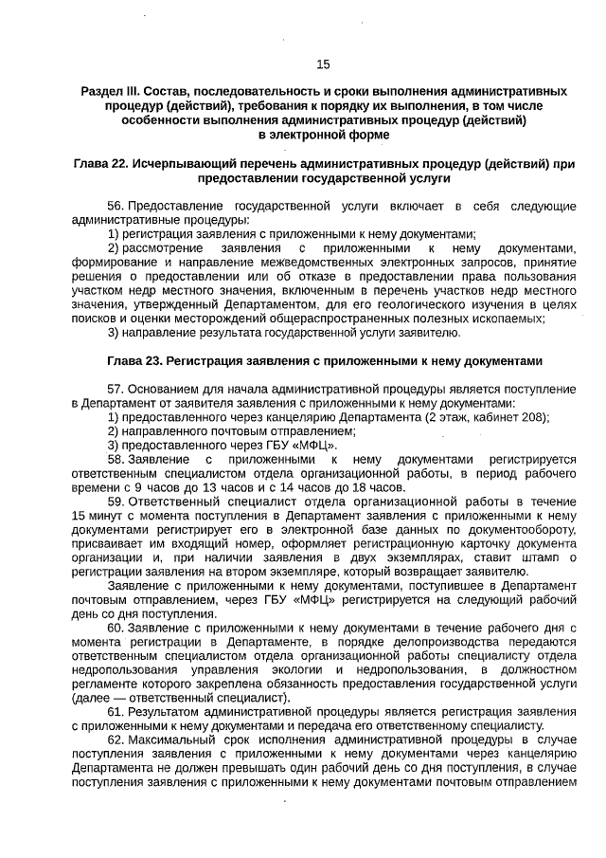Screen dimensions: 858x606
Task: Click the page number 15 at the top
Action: pos(323,64)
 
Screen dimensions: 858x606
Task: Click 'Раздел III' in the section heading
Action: pos(110,91)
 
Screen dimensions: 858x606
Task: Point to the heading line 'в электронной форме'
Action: pos(324,135)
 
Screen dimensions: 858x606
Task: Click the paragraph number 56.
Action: pos(116,206)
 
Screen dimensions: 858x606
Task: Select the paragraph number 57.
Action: pos(116,390)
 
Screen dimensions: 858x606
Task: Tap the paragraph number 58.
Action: pos(116,459)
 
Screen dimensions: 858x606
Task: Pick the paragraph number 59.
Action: pos(116,501)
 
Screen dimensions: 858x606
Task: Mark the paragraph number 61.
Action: pos(116,711)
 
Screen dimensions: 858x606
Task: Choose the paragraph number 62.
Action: pos(116,739)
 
